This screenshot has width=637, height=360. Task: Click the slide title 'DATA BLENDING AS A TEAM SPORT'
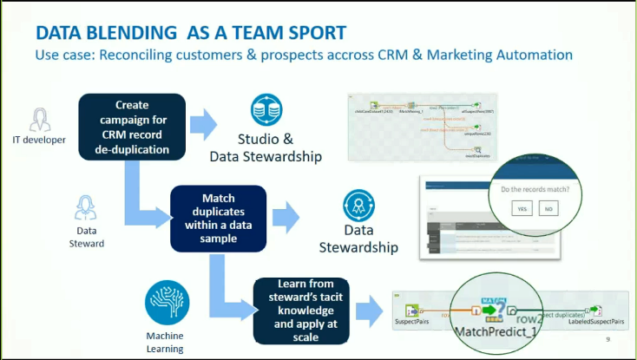click(x=190, y=32)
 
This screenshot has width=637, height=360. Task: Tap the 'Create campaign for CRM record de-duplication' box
click(x=132, y=128)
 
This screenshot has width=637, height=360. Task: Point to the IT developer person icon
click(x=39, y=118)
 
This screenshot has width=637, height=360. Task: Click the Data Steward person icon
click(x=85, y=208)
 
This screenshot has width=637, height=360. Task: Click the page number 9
click(x=607, y=340)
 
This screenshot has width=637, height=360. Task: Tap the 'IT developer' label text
click(x=39, y=140)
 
